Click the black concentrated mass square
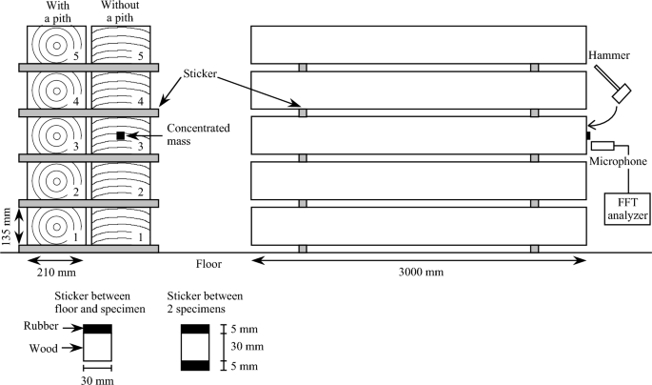coord(121,136)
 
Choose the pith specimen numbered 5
coord(54,44)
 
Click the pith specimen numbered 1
coord(54,226)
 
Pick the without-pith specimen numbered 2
coord(121,181)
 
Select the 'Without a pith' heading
coord(121,11)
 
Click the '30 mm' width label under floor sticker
coord(98,380)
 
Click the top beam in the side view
coord(418,44)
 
